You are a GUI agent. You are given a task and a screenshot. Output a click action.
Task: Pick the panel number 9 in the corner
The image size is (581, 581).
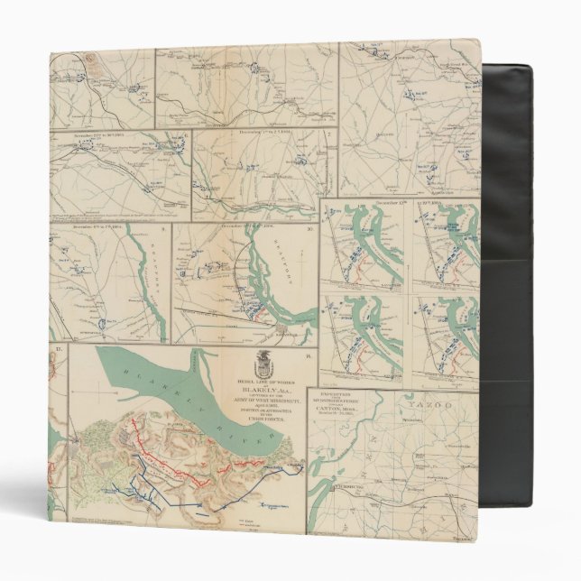163,229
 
